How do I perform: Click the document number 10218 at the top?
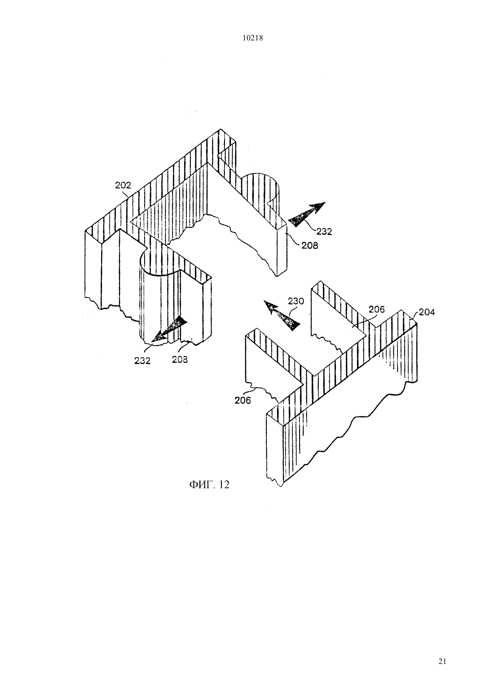click(x=252, y=38)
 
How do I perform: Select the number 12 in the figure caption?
click(x=224, y=485)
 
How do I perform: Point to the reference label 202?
click(x=123, y=185)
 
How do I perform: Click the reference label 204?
click(x=427, y=312)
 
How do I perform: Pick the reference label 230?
click(x=296, y=301)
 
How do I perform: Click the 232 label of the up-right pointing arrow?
click(x=324, y=231)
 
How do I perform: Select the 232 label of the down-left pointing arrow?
click(x=142, y=361)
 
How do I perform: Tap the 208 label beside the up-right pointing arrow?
click(x=310, y=246)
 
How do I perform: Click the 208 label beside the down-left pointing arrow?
click(x=180, y=359)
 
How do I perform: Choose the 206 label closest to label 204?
click(x=377, y=309)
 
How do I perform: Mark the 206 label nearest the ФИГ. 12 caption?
click(x=243, y=400)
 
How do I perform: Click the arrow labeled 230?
click(x=282, y=315)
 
